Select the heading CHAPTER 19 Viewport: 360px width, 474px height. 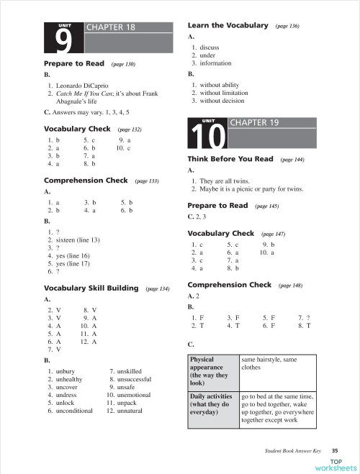[x=253, y=122]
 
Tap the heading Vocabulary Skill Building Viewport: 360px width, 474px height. [x=91, y=288]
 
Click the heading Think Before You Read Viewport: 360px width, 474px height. [x=230, y=159]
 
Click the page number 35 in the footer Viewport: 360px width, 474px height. [x=335, y=450]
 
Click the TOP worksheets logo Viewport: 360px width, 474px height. [x=336, y=465]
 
